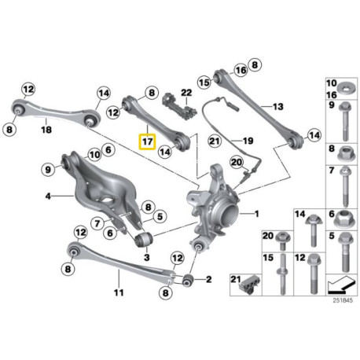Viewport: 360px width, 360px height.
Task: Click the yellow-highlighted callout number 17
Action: (146, 141)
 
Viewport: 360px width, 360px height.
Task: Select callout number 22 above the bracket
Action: (186, 93)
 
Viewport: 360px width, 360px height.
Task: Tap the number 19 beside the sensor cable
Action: (248, 141)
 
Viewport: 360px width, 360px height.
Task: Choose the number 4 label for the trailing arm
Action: (48, 195)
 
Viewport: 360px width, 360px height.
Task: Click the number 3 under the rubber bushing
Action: (145, 257)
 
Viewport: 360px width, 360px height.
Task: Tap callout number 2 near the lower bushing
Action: (208, 278)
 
